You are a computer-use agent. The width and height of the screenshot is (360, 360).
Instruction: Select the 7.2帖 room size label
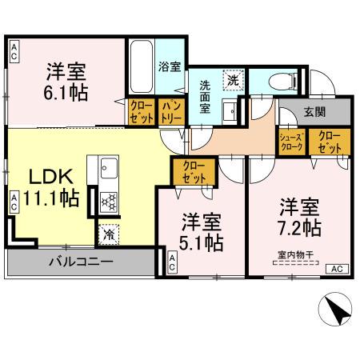click(300, 227)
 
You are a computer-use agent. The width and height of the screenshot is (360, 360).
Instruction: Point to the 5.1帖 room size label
click(202, 243)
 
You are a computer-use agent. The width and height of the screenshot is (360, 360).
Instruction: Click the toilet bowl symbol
click(278, 79)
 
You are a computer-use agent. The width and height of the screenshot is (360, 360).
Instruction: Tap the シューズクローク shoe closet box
click(290, 142)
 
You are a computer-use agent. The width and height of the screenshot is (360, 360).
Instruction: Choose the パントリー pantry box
click(170, 110)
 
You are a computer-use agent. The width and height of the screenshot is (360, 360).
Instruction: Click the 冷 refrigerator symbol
click(107, 235)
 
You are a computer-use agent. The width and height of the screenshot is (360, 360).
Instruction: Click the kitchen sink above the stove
click(108, 168)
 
